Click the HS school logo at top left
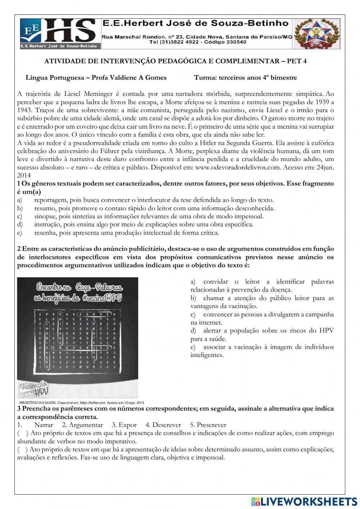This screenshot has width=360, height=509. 59,33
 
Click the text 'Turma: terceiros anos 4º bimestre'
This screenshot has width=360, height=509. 245,77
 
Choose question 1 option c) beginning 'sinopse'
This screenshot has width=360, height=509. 149,216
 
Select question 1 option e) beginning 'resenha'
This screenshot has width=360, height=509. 126,233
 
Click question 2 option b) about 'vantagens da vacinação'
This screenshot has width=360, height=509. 262,302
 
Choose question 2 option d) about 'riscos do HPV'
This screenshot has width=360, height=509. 262,334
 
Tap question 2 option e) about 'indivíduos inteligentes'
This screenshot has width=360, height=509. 262,351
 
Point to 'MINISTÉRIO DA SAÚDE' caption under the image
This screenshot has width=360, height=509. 36,402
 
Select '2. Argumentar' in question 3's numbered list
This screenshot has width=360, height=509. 82,425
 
